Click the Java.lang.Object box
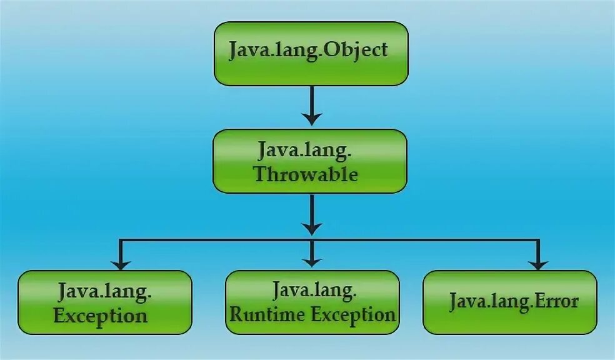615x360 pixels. [x=311, y=53]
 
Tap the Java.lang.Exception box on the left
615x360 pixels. [x=104, y=302]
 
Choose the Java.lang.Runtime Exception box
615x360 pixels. [x=312, y=302]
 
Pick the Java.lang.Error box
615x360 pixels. [x=510, y=302]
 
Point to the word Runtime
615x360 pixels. [x=262, y=314]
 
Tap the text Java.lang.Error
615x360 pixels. [x=513, y=301]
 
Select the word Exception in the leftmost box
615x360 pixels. [x=101, y=315]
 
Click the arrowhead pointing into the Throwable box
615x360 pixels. [x=311, y=117]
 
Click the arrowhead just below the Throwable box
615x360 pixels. [x=311, y=226]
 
